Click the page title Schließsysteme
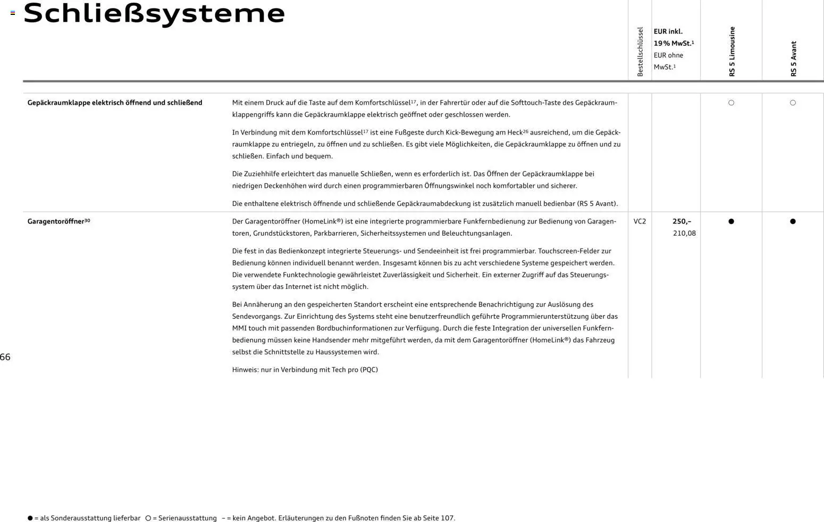[x=154, y=13]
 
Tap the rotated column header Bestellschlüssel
[x=640, y=52]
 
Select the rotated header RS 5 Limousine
[x=732, y=52]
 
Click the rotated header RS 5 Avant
[x=794, y=59]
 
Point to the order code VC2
[x=640, y=221]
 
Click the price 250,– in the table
[x=682, y=221]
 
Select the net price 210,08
[x=684, y=233]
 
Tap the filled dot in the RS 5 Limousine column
[x=731, y=221]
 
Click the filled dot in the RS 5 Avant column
[x=793, y=221]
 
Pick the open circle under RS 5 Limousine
[x=731, y=103]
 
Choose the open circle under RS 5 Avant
[x=793, y=103]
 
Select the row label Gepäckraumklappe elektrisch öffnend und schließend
[x=115, y=103]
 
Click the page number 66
[x=5, y=357]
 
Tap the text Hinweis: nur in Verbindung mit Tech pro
[x=305, y=370]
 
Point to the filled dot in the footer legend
[x=30, y=518]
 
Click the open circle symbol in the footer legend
[x=148, y=518]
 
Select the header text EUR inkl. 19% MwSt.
[x=673, y=37]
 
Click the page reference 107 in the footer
[x=447, y=518]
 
